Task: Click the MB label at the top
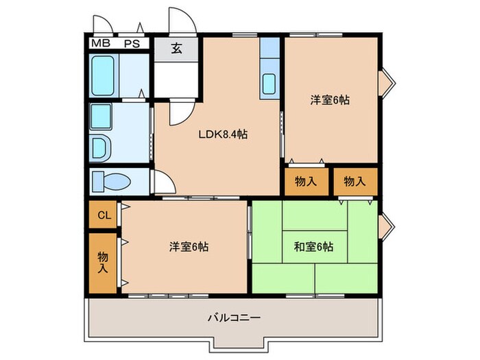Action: [100, 43]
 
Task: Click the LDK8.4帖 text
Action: [224, 134]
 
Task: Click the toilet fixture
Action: [110, 182]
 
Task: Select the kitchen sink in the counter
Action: [269, 84]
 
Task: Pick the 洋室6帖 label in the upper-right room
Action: [330, 100]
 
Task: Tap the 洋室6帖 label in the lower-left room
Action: [189, 246]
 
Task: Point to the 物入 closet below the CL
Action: [103, 261]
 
